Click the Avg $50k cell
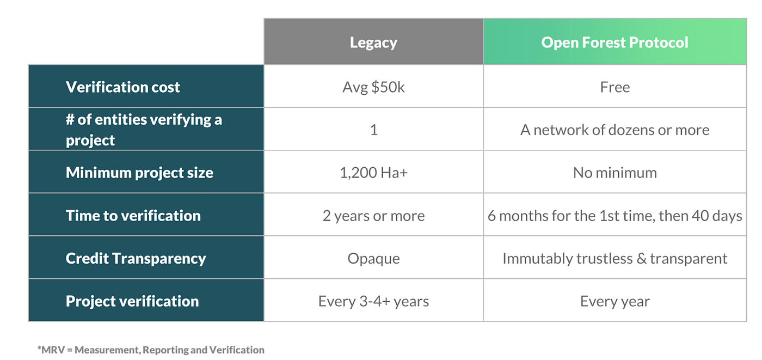point(373,87)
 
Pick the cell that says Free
point(614,87)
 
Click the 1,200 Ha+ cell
point(373,173)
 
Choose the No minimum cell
point(614,173)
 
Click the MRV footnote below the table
point(151,350)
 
